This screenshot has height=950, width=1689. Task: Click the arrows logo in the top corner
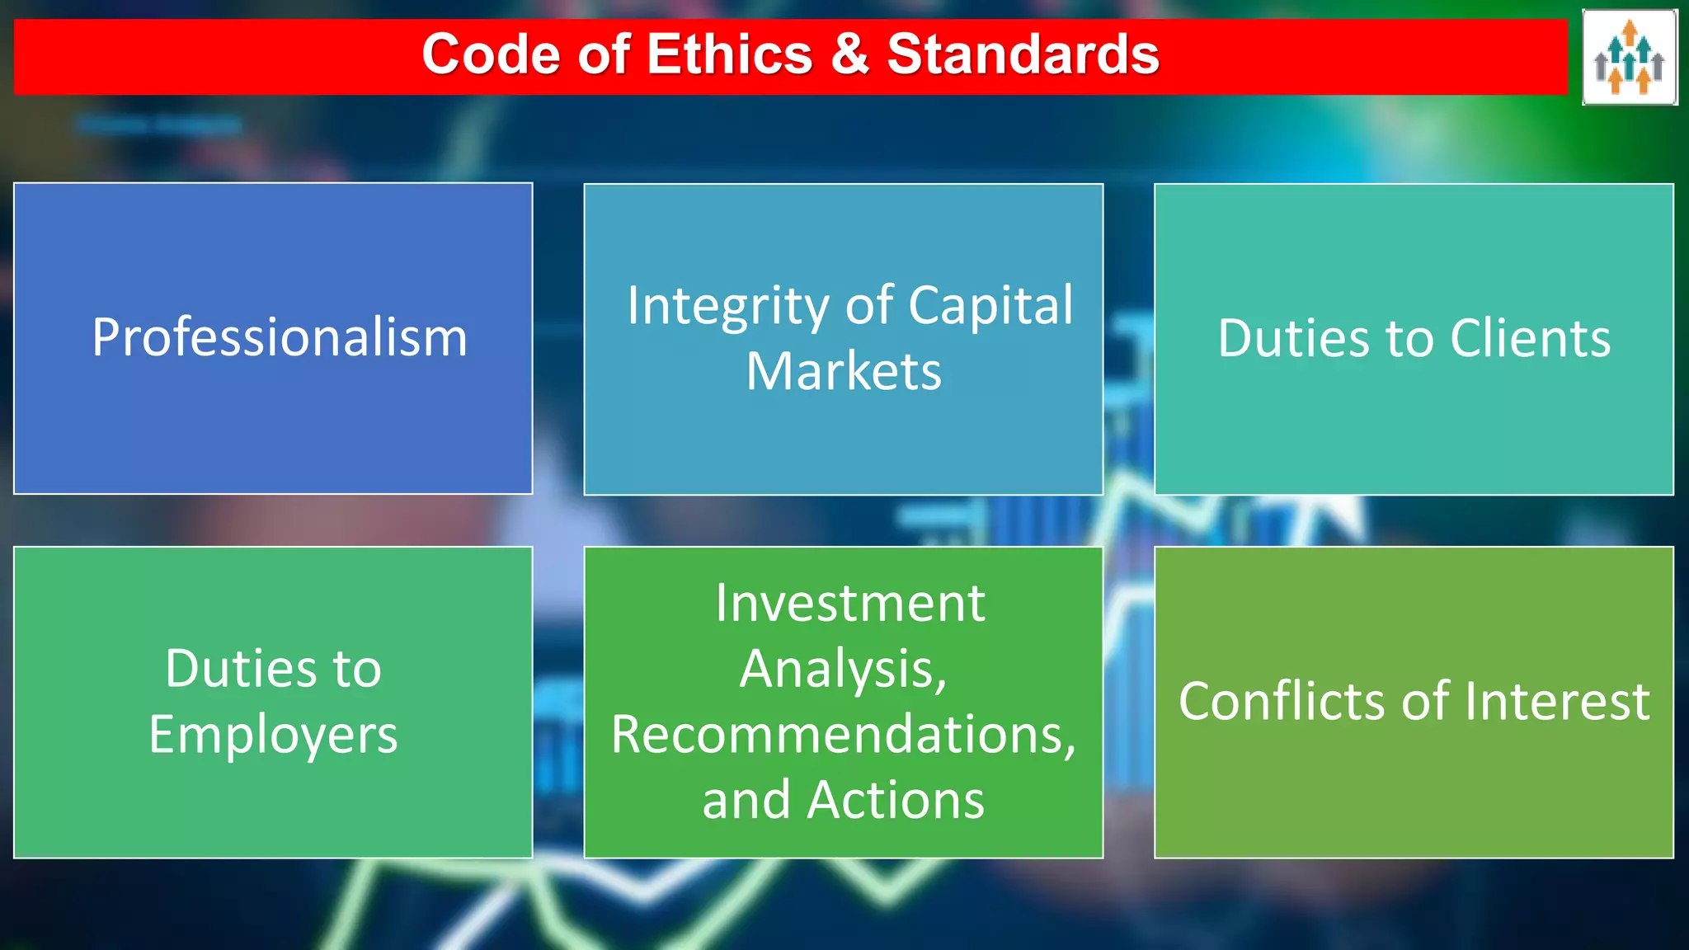click(1629, 57)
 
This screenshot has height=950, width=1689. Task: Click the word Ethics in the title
click(730, 54)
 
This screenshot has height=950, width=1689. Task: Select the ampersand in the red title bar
click(850, 54)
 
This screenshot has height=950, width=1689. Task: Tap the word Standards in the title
click(1023, 54)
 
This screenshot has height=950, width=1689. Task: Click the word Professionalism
click(280, 337)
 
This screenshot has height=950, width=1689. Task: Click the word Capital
click(990, 305)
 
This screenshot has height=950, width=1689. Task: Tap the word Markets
click(843, 371)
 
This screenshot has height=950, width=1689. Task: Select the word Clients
click(1530, 338)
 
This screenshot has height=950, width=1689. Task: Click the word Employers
click(273, 735)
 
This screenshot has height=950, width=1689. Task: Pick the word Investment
click(849, 603)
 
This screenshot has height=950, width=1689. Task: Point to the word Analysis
click(843, 669)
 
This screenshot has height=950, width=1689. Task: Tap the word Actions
click(896, 800)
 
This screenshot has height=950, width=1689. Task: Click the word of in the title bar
click(605, 54)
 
